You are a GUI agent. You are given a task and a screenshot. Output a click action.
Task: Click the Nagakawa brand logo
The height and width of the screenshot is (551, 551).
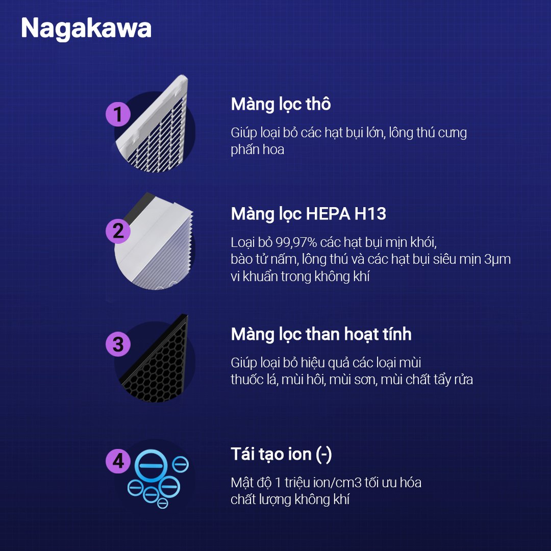[x=86, y=29]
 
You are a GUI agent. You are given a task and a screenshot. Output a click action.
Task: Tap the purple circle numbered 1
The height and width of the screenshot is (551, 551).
[x=118, y=114]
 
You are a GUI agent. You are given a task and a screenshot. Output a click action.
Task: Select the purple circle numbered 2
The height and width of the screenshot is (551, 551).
[x=118, y=231]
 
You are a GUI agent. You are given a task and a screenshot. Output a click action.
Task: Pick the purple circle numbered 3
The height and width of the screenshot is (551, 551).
[x=118, y=344]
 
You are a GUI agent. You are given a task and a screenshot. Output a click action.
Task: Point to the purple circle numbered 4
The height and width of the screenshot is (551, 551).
[x=118, y=461]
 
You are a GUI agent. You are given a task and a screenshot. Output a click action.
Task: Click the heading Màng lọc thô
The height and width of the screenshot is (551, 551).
[x=281, y=105]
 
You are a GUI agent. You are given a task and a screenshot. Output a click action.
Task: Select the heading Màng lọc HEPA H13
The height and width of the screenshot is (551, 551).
[x=309, y=214]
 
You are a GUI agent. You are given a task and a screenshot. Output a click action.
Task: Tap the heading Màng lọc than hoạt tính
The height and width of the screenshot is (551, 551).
[x=321, y=334]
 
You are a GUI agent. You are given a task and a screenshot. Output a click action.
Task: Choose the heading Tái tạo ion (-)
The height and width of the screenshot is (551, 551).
[x=281, y=455]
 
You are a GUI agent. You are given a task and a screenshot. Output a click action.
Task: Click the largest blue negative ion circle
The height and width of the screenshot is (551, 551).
[x=151, y=466]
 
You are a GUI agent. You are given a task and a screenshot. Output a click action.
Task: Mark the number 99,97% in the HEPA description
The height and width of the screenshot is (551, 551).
[x=296, y=242]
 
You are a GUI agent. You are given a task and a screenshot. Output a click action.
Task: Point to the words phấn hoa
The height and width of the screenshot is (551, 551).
[x=258, y=149]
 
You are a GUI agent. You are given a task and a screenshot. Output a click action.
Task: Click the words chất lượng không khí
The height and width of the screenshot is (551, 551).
[x=290, y=499]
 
